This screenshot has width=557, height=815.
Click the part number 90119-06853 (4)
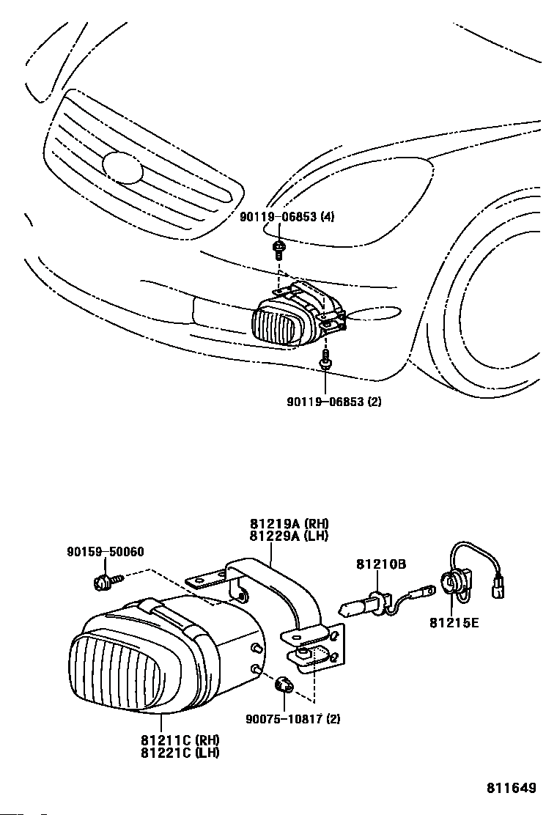pyautogui.click(x=287, y=217)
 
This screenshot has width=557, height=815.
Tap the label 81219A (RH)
pyautogui.click(x=289, y=524)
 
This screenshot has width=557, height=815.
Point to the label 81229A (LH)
pyautogui.click(x=289, y=536)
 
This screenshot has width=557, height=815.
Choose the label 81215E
pyautogui.click(x=454, y=623)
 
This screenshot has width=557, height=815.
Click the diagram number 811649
pyautogui.click(x=512, y=789)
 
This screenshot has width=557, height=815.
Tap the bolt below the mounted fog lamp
pyautogui.click(x=325, y=359)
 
